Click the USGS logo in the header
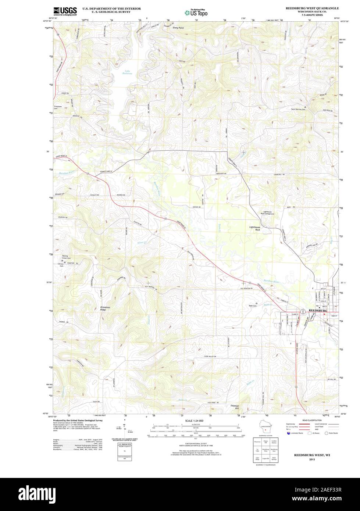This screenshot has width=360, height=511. pos(65,11)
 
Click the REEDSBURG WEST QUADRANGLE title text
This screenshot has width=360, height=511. pos(313,8)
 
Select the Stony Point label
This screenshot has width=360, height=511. pos(178,28)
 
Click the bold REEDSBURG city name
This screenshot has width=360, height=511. pos(318,311)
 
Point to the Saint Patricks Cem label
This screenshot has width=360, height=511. pos(298,109)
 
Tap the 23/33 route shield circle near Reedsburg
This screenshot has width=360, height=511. pos(303,312)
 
